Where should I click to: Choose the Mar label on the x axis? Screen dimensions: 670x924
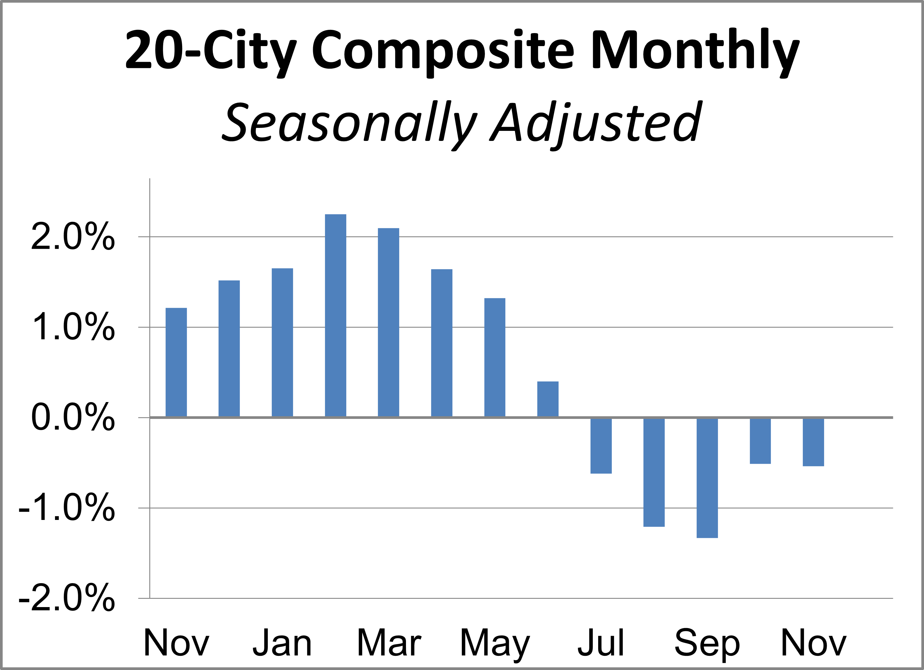[x=389, y=643]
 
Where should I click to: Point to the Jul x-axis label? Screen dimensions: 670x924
[x=601, y=643]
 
